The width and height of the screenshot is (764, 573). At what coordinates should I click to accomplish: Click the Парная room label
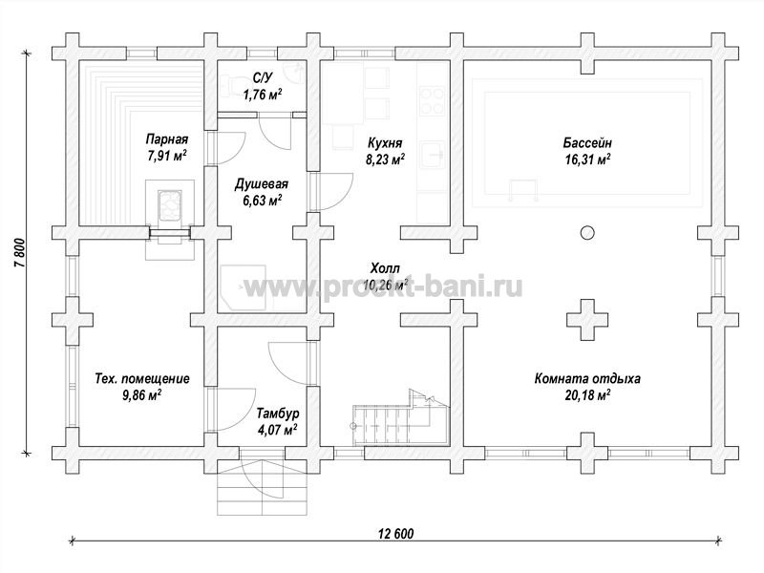167,139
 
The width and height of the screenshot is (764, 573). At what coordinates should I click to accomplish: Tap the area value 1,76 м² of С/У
263,94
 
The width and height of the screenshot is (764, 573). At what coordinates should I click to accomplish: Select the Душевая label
262,184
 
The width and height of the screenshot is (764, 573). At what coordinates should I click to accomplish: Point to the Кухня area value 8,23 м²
385,159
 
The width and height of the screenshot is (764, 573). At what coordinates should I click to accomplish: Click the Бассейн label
587,143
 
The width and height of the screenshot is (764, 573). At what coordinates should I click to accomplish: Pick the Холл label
385,268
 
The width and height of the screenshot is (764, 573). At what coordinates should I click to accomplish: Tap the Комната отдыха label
587,378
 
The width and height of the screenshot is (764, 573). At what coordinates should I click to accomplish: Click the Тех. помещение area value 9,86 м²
141,394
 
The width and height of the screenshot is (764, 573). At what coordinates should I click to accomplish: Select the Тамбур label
278,414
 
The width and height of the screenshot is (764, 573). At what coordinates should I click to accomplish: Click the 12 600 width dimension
395,534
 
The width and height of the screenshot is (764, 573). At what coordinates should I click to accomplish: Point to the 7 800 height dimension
19,252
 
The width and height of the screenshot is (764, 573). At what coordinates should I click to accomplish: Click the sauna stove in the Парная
170,205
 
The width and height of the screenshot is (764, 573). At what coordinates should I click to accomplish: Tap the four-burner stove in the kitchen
433,100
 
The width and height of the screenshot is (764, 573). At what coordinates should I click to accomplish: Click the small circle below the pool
587,233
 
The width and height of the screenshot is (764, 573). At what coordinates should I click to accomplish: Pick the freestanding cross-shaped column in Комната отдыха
587,320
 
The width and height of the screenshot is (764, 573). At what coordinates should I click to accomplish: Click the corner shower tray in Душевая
243,288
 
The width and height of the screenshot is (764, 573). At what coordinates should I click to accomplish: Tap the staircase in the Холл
400,417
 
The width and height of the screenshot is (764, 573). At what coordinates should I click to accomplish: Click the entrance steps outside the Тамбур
263,487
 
